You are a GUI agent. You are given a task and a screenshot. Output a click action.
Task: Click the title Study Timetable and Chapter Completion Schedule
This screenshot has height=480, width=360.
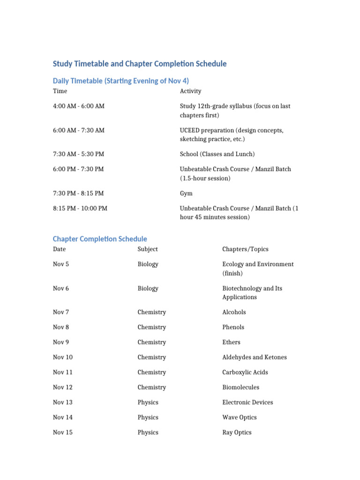pyautogui.click(x=140, y=64)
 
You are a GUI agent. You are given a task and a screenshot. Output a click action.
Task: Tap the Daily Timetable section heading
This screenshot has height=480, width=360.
pyautogui.click(x=121, y=81)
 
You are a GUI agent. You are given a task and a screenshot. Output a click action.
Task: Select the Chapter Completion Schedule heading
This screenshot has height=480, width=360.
pyautogui.click(x=100, y=239)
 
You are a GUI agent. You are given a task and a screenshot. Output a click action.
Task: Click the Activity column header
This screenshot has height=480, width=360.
pyautogui.click(x=190, y=91)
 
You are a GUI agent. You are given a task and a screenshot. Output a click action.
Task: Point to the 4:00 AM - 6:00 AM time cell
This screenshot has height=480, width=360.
pyautogui.click(x=79, y=106)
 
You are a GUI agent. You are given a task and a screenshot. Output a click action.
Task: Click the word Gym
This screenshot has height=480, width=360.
pyautogui.click(x=186, y=194)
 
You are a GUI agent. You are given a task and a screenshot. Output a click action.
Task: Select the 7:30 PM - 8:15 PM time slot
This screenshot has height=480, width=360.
pyautogui.click(x=78, y=194)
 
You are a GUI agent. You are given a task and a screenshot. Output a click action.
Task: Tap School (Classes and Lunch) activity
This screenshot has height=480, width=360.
pyautogui.click(x=217, y=154)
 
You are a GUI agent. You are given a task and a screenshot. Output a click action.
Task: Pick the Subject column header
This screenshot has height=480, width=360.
pyautogui.click(x=148, y=249)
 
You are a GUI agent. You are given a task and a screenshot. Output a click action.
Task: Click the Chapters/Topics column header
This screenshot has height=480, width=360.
pyautogui.click(x=245, y=249)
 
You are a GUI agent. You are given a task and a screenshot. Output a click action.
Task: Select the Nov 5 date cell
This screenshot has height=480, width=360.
pyautogui.click(x=61, y=264)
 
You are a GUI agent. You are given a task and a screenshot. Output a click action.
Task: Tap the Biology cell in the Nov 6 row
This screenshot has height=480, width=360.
pyautogui.click(x=148, y=289)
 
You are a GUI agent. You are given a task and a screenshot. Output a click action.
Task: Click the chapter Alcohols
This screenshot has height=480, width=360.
pyautogui.click(x=234, y=312)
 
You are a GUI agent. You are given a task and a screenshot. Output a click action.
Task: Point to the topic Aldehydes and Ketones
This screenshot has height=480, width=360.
pyautogui.click(x=254, y=357)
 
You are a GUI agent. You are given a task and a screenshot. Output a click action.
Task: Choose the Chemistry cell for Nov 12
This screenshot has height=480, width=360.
pyautogui.click(x=151, y=387)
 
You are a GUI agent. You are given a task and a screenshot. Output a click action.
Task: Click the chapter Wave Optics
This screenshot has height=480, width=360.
pyautogui.click(x=239, y=417)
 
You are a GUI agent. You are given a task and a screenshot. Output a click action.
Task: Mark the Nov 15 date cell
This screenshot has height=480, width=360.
pyautogui.click(x=63, y=432)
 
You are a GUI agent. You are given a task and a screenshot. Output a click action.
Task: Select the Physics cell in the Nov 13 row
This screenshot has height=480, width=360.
pyautogui.click(x=148, y=402)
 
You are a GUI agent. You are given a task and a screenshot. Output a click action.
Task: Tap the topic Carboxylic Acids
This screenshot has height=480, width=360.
pyautogui.click(x=245, y=372)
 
